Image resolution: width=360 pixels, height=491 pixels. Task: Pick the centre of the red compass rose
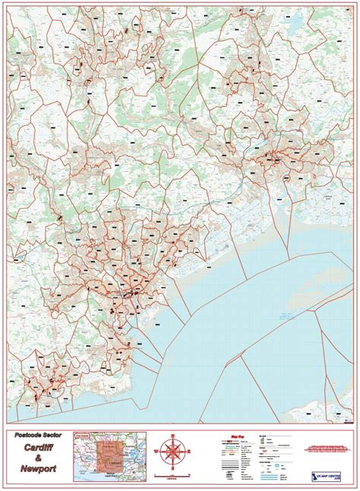174,454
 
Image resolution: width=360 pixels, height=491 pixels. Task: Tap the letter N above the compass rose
174,436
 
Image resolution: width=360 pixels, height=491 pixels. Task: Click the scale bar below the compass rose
174,477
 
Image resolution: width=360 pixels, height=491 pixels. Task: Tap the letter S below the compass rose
174,471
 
